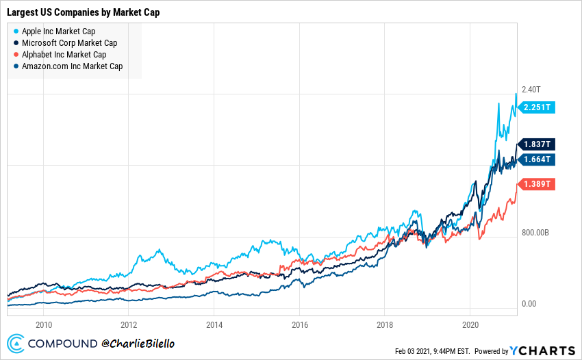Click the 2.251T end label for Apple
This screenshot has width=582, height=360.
tap(537, 107)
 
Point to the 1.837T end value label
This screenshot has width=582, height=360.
tap(537, 144)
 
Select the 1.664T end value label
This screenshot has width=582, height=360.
tap(537, 159)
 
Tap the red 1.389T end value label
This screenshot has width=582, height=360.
tap(537, 185)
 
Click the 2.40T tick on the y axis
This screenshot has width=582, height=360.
tap(531, 90)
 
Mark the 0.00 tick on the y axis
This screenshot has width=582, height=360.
tap(529, 304)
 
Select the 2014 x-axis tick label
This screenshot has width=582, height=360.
tap(214, 323)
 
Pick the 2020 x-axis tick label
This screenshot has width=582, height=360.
tap(470, 323)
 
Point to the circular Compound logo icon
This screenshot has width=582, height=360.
tap(16, 344)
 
